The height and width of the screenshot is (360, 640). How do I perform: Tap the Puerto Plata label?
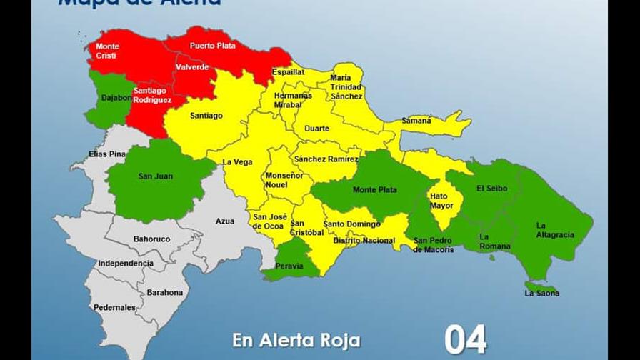pyautogui.click(x=212, y=46)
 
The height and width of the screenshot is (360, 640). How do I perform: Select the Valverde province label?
pyautogui.click(x=192, y=67)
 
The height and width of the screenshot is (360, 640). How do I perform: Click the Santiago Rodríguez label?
pyautogui.click(x=152, y=96)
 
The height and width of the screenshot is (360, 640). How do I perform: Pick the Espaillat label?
pyautogui.click(x=289, y=72)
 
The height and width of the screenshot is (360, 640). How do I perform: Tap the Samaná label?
pyautogui.click(x=416, y=121)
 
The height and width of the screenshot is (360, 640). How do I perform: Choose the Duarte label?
pyautogui.click(x=317, y=129)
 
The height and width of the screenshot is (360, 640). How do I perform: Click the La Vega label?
pyautogui.click(x=238, y=162)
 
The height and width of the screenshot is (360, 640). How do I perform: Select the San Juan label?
pyautogui.click(x=155, y=176)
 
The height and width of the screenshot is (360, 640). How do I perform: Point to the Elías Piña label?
pyautogui.click(x=107, y=154)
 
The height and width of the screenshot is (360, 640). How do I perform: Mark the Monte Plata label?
pyautogui.click(x=375, y=190)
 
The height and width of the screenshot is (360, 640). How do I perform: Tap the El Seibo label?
pyautogui.click(x=491, y=189)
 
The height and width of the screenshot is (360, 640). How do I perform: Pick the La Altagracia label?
pyautogui.click(x=551, y=230)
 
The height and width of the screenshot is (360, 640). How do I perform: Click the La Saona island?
pyautogui.click(x=541, y=288)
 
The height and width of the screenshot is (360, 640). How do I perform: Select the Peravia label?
pyautogui.click(x=289, y=266)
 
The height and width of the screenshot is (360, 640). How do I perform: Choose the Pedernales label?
pyautogui.click(x=114, y=308)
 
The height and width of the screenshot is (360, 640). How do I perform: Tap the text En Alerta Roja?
pyautogui.click(x=296, y=340)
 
